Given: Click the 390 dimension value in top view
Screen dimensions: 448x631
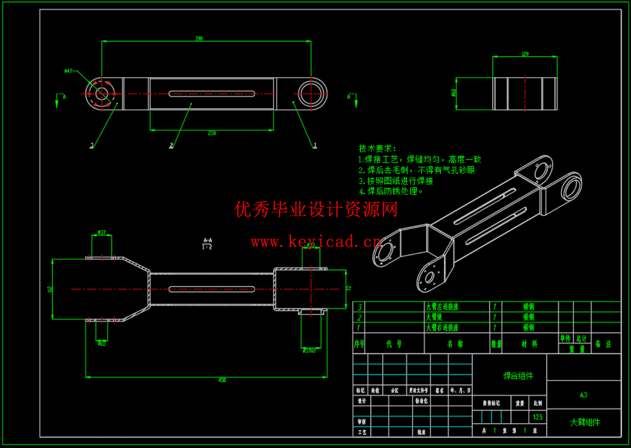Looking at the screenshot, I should [x=199, y=38].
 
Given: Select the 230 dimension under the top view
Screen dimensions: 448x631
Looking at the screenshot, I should [x=212, y=133].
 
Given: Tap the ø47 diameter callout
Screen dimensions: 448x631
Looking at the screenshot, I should [x=68, y=71].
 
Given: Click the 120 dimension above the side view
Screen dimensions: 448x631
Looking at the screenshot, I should [x=525, y=54].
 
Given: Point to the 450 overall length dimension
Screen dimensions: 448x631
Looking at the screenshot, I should [x=222, y=380].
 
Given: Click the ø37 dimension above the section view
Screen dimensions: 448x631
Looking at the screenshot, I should [x=102, y=233].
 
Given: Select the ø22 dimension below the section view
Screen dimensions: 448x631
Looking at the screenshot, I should [x=102, y=343].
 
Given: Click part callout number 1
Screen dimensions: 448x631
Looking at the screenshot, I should [x=315, y=145].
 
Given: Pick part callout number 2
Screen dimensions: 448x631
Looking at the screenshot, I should [x=171, y=145].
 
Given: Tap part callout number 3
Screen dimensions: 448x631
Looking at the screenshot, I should [x=92, y=145].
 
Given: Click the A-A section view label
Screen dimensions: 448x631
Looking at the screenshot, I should [x=207, y=241].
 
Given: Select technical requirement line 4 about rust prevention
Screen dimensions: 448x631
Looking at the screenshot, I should [x=391, y=191].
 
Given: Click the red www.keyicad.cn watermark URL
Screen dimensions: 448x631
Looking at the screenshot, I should [x=316, y=242].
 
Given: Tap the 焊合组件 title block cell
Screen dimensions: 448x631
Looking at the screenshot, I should [x=518, y=376].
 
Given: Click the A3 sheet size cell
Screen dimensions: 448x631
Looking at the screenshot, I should [x=583, y=395].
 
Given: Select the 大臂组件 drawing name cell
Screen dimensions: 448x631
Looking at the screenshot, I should [x=585, y=423].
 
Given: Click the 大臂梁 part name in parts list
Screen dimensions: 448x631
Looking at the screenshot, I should [x=434, y=317].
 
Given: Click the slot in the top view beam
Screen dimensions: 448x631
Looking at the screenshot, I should [x=212, y=94].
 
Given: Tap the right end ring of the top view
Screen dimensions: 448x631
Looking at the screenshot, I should [x=312, y=94].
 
